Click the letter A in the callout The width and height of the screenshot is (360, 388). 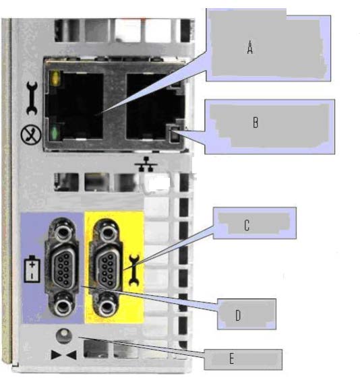[x=250, y=47]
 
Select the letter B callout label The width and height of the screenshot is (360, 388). [x=256, y=122]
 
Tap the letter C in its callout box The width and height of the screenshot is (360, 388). [x=247, y=225]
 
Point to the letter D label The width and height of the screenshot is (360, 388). [x=238, y=315]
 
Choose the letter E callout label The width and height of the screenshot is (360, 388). [x=231, y=358]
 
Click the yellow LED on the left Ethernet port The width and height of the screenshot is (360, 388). [x=55, y=77]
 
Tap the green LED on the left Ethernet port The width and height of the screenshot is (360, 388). [x=55, y=132]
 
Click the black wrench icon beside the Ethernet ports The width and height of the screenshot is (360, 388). [x=32, y=98]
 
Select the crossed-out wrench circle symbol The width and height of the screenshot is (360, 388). [x=31, y=134]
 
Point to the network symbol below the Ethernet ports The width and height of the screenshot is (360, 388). [x=146, y=164]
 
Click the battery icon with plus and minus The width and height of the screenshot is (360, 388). [x=32, y=269]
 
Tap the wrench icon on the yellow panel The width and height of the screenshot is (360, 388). [x=134, y=270]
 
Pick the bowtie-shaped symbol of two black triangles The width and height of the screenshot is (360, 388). [x=63, y=354]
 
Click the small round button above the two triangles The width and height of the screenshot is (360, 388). [x=64, y=335]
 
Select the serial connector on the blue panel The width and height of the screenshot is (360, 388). [x=62, y=267]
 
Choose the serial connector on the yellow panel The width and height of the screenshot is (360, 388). [x=106, y=268]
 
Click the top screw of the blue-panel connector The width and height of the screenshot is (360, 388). [x=62, y=232]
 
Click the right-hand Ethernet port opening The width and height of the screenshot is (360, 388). [x=155, y=106]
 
